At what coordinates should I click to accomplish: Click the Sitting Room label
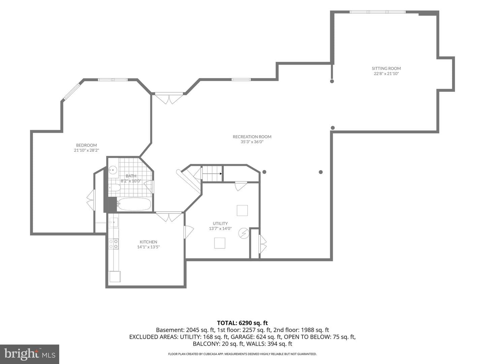click(x=386, y=68)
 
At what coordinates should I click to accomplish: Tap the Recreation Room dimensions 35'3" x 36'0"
click(x=252, y=142)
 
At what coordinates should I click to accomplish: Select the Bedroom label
click(x=87, y=145)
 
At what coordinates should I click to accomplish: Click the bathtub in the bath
click(x=134, y=204)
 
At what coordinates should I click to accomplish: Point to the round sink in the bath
click(x=113, y=170)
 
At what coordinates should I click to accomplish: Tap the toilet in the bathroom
click(x=115, y=188)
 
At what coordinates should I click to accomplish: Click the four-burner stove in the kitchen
click(x=114, y=244)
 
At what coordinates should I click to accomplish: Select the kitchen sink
click(x=114, y=222)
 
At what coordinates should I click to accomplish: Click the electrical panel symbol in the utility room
click(x=244, y=233)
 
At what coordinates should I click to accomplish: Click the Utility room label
click(x=220, y=223)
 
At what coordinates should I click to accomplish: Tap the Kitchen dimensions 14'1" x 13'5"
click(x=148, y=247)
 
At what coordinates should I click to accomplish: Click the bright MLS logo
click(x=30, y=354)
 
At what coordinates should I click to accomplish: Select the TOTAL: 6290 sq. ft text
click(x=243, y=323)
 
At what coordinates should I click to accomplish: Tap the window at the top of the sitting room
click(x=378, y=12)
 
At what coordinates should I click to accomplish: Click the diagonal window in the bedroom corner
click(x=72, y=91)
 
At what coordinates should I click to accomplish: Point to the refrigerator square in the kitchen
click(x=115, y=276)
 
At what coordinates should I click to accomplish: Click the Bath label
click(x=131, y=176)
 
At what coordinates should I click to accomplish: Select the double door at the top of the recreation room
click(x=169, y=98)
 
